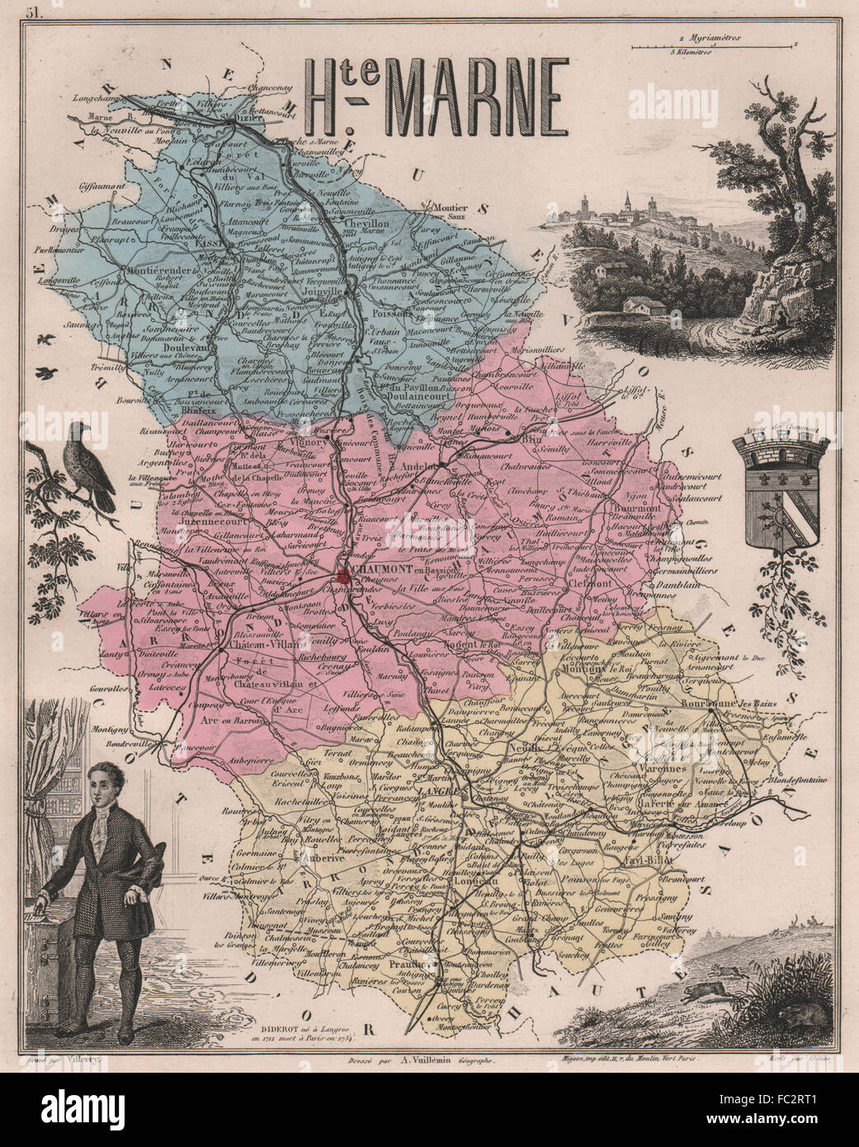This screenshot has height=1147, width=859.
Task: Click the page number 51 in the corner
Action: [35, 12]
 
